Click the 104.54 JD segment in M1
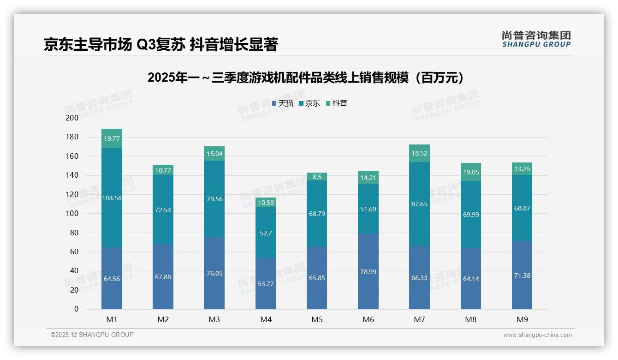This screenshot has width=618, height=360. [x=112, y=198]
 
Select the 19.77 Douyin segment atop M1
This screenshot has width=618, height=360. [x=112, y=138]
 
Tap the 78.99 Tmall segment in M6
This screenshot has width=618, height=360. [x=368, y=271]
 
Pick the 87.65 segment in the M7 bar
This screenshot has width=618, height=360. [x=419, y=204]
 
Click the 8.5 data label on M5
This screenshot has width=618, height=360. [x=317, y=177]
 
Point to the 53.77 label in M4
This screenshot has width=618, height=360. [x=266, y=284]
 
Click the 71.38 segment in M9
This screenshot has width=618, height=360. [x=522, y=275]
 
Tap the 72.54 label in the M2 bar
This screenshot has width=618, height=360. [x=163, y=210]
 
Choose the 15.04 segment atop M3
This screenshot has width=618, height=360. [x=214, y=154]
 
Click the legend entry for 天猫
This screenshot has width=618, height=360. [x=282, y=103]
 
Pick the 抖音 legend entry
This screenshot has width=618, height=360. [x=337, y=103]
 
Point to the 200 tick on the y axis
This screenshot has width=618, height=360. [x=72, y=118]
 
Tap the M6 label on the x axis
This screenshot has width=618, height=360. [x=368, y=319]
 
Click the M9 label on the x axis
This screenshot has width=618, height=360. [x=522, y=319]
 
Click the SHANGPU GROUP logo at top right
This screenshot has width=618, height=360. [x=536, y=39]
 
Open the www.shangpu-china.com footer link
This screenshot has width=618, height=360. [x=537, y=335]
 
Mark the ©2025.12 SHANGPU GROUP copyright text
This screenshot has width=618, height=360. [x=92, y=335]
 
